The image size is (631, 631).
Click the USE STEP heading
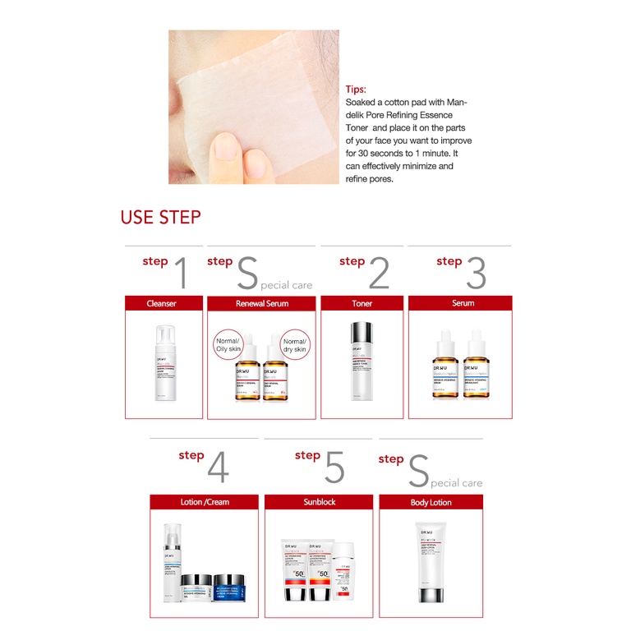(x=160, y=217)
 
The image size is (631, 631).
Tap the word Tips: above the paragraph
(x=356, y=90)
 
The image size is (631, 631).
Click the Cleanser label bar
(x=162, y=303)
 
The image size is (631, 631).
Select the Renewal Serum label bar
(x=261, y=303)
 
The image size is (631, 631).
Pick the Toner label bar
(x=362, y=303)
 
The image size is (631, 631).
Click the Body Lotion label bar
(x=431, y=502)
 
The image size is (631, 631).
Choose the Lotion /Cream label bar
(x=205, y=502)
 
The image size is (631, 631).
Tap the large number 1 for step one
(x=180, y=273)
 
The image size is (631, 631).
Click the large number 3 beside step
(x=476, y=273)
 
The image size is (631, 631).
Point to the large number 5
(x=334, y=467)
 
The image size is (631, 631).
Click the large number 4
(x=218, y=467)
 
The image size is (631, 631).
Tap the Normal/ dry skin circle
(x=294, y=346)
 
